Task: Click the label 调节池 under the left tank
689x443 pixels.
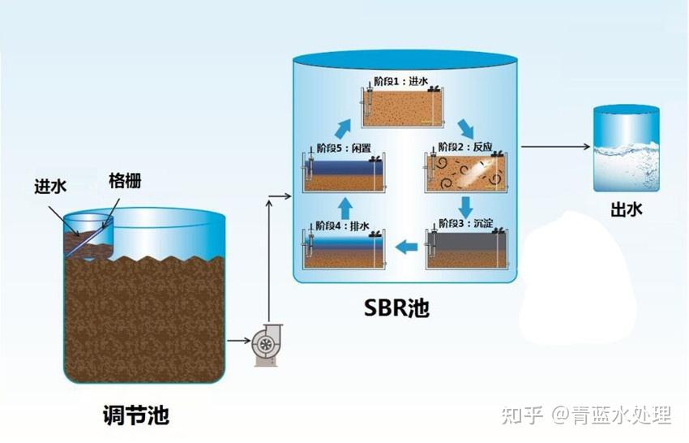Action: tap(137, 417)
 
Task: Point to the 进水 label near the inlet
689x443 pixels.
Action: tap(50, 187)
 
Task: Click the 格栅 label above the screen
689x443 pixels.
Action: tap(124, 180)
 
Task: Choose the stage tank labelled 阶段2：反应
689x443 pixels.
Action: tap(465, 172)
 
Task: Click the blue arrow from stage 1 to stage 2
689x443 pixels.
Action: tap(465, 127)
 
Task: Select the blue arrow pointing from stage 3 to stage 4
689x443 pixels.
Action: tap(406, 245)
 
